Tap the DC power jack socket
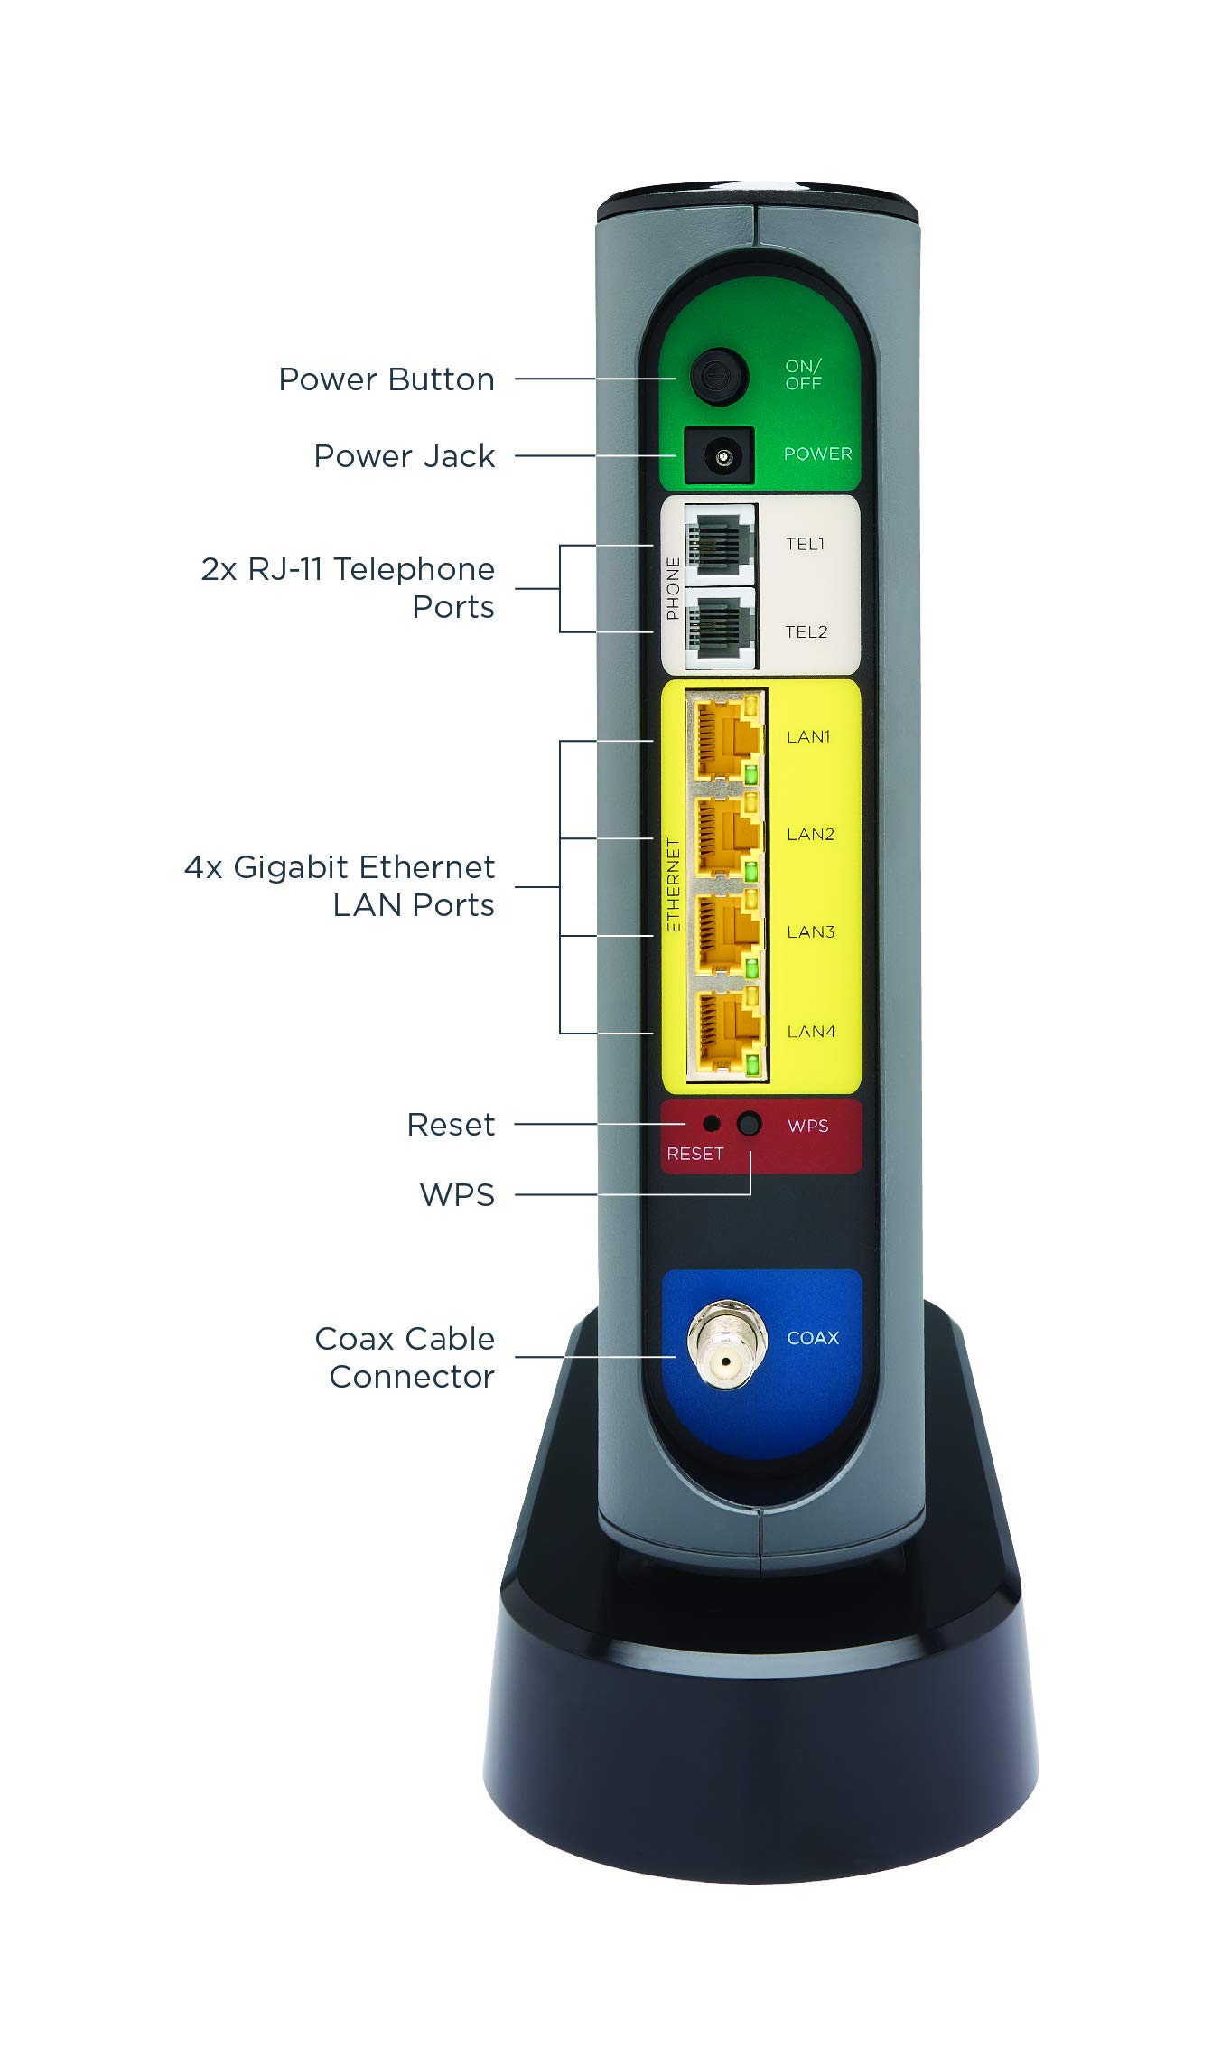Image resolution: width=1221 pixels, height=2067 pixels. click(721, 457)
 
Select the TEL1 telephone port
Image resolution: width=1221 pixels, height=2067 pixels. click(720, 544)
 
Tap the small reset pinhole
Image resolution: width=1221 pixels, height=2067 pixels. click(712, 1123)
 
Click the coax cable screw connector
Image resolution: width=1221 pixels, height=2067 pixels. click(726, 1345)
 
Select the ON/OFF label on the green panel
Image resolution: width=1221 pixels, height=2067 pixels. click(803, 374)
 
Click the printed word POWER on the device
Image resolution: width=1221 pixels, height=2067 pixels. click(817, 454)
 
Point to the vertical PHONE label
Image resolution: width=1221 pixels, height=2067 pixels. click(673, 588)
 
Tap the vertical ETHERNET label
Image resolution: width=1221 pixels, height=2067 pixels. click(673, 884)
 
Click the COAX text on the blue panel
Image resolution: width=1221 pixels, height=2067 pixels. click(813, 1338)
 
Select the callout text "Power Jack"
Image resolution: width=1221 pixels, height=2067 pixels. click(404, 456)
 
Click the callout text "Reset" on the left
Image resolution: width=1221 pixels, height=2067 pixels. click(451, 1125)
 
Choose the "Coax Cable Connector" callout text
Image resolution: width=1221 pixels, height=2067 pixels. click(405, 1358)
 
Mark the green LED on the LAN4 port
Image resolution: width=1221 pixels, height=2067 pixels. click(752, 1066)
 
